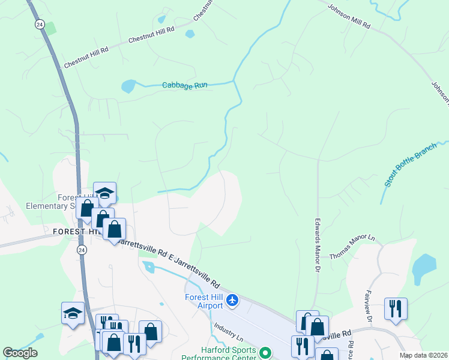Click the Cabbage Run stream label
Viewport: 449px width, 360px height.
(184, 85)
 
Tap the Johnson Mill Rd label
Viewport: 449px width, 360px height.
(349, 17)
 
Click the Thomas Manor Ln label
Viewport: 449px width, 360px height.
(352, 247)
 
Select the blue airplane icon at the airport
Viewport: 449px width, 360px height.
(233, 299)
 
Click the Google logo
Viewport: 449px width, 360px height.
(20, 353)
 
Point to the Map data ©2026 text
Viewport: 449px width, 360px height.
(423, 355)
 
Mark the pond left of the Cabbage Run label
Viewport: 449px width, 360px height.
(128, 86)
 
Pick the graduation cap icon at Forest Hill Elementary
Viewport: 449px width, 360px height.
(104, 193)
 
